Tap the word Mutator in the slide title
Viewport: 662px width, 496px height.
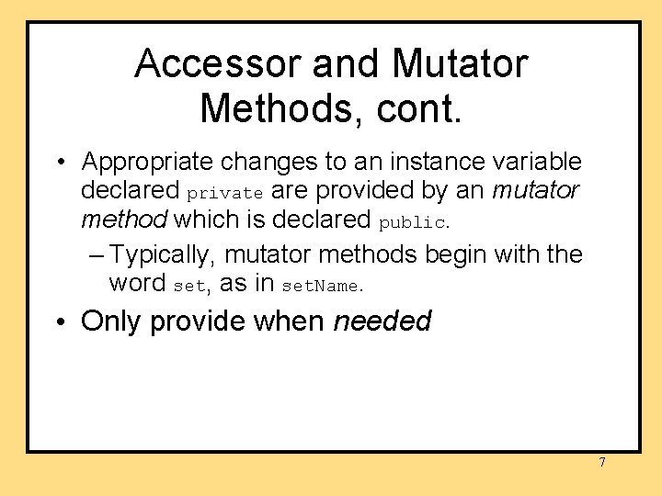[x=459, y=64]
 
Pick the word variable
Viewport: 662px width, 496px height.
[x=536, y=163]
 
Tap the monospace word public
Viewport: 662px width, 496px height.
[x=413, y=222]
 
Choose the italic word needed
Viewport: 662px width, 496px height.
[x=382, y=321]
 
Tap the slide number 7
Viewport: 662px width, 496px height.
[x=602, y=462]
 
